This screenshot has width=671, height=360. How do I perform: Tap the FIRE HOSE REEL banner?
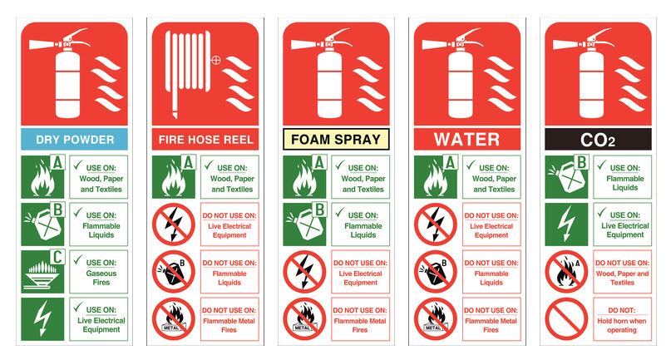click(x=205, y=138)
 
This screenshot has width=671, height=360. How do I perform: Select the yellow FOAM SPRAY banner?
click(x=336, y=138)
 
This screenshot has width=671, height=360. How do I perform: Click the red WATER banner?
click(x=467, y=137)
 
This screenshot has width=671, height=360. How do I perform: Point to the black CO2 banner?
click(x=598, y=139)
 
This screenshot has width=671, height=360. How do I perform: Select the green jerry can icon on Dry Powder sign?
click(x=42, y=225)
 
